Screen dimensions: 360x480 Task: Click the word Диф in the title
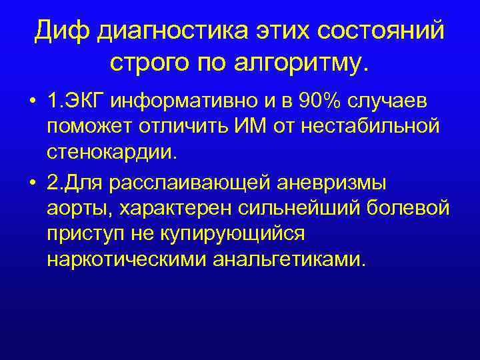point(62,31)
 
